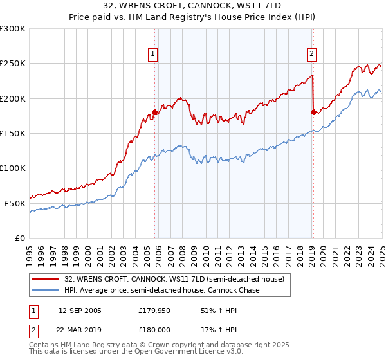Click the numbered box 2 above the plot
pos(311,55)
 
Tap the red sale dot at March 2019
pos(313,113)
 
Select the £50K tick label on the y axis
pos(15,203)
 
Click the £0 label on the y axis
pos(21,238)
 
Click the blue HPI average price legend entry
pos(161,291)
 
